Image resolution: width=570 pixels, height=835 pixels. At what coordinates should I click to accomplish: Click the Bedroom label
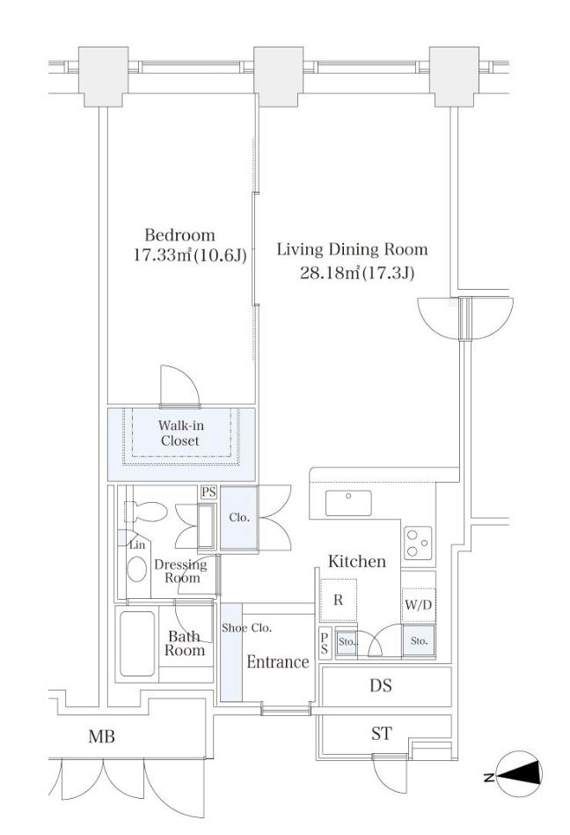pyautogui.click(x=179, y=235)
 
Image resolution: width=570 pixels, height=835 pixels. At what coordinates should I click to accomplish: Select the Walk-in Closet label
pyautogui.click(x=181, y=433)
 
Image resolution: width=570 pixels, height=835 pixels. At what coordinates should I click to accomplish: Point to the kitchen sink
pyautogui.click(x=348, y=503)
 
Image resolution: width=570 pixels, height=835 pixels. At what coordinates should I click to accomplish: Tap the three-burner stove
pyautogui.click(x=418, y=543)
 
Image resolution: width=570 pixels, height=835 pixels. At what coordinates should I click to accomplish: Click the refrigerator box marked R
pyautogui.click(x=338, y=600)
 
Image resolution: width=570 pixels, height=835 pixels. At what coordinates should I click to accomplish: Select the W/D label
pyautogui.click(x=419, y=605)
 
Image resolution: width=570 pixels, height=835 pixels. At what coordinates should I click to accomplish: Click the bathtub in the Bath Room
pyautogui.click(x=138, y=643)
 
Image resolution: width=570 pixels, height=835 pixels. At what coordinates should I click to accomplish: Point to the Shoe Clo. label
pyautogui.click(x=246, y=628)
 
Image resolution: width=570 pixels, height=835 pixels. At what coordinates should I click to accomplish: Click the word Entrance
pyautogui.click(x=278, y=662)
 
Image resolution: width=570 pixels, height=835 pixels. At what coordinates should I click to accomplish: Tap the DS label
pyautogui.click(x=381, y=685)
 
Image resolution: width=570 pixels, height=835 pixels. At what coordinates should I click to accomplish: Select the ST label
pyautogui.click(x=381, y=734)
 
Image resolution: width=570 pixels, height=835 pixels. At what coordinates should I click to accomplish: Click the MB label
pyautogui.click(x=101, y=737)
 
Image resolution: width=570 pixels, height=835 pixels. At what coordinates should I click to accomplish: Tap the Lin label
pyautogui.click(x=137, y=544)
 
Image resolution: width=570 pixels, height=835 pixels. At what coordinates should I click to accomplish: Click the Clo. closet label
pyautogui.click(x=238, y=517)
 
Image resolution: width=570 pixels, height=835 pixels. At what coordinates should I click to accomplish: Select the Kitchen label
pyautogui.click(x=357, y=561)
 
